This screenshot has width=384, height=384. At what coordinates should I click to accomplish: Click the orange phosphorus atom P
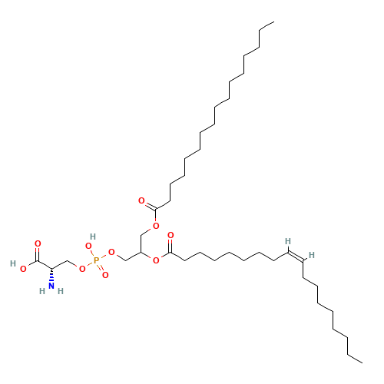pos(96,260)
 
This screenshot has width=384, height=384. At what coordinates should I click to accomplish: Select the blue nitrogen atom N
pos(51,286)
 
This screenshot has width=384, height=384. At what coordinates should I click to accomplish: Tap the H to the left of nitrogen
pos(42,291)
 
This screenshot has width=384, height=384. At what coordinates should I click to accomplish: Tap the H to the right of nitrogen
pos(61,291)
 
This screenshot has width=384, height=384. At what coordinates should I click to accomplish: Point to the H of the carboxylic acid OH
pos(13,263)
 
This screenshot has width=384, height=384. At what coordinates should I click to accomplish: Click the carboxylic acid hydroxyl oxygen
pos(23,269)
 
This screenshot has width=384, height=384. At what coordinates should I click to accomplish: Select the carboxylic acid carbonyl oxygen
pos(38,243)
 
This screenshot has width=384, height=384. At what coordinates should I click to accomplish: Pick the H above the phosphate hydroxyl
pos(93,237)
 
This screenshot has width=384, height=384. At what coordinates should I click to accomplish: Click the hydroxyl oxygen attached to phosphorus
pos(88,247)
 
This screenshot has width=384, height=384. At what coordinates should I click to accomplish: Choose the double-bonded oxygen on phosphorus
pos(105,275)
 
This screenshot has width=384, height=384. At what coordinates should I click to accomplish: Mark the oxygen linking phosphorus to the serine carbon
pos(82,269)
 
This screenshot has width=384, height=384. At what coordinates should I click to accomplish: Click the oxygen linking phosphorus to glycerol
pos(111,252)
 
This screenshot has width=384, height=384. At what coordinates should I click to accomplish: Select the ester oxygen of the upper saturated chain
pos(156,226)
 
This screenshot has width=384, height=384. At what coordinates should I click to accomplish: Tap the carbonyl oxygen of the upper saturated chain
pos(141,200)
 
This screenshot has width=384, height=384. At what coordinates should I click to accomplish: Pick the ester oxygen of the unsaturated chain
pos(156,260)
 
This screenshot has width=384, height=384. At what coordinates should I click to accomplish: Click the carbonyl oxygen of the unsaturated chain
pos(170,235)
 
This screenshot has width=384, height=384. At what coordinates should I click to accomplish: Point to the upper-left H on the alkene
pos(288,241)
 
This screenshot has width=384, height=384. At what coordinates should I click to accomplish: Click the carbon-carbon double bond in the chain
pos(296,257)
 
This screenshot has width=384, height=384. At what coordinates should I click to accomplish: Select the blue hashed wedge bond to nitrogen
pos(51,274)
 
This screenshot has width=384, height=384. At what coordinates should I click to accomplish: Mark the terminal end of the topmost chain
pos(274,22)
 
